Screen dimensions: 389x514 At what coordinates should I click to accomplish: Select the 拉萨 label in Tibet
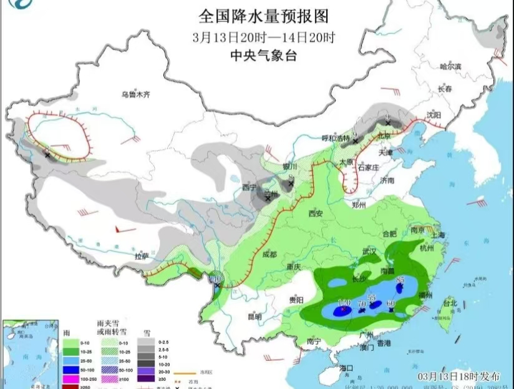tap(142, 257)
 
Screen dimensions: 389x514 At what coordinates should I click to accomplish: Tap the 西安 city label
tap(315, 214)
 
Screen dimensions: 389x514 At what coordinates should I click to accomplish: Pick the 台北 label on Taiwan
tap(450, 304)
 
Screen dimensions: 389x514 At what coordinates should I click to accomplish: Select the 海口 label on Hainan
tap(346, 368)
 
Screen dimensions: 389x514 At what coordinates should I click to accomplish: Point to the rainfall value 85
tap(400, 279)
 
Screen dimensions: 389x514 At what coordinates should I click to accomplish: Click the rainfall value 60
tap(391, 303)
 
